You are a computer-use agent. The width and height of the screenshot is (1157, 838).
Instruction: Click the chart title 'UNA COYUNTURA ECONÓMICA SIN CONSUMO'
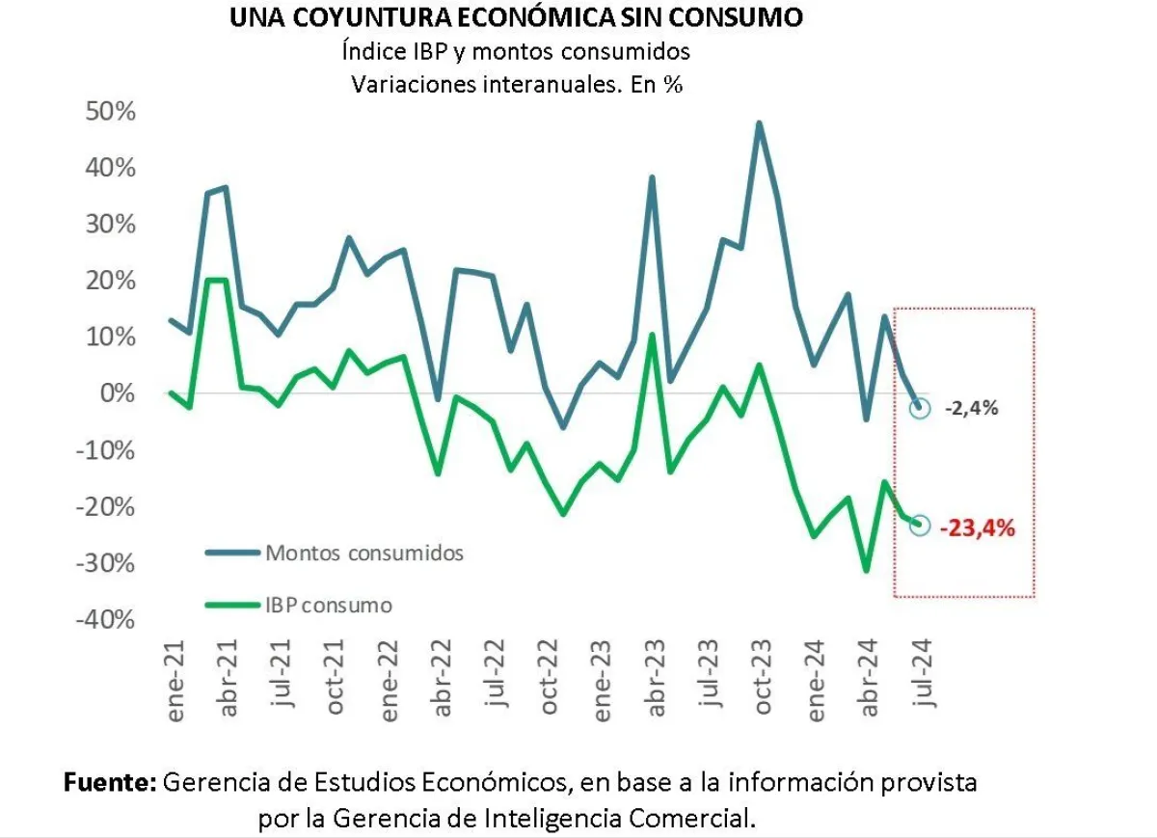516,18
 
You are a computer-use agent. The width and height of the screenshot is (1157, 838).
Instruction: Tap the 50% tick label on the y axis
111,112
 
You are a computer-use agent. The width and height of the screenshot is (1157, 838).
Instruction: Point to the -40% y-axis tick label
106,619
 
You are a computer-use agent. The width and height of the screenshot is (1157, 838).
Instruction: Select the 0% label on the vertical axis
120,393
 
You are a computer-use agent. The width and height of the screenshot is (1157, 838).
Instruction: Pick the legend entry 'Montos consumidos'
364,554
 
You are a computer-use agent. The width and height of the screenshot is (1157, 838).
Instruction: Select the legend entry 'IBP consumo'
329,606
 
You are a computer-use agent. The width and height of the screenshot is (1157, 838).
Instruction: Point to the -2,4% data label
971,408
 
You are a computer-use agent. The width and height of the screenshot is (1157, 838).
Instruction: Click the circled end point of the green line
919,525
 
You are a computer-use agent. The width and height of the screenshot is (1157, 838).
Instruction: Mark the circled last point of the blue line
920,407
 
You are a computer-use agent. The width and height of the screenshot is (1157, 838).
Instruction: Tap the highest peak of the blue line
759,123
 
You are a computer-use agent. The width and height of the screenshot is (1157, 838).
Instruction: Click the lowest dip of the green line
866,570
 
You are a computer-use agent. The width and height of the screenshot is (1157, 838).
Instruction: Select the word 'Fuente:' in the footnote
110,782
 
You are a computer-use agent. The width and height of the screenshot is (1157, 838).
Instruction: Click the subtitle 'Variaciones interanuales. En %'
517,84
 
